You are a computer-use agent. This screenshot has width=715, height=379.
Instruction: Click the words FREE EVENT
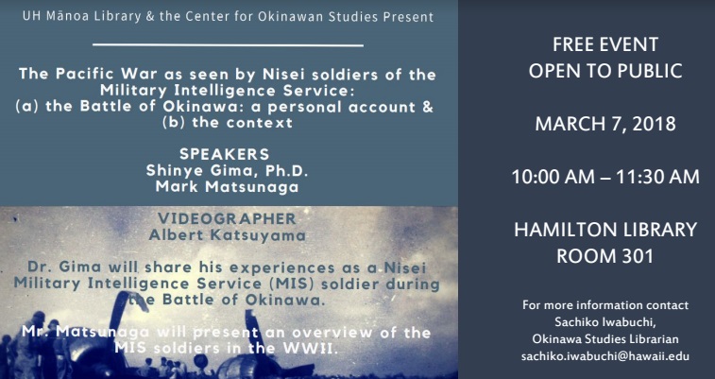605,44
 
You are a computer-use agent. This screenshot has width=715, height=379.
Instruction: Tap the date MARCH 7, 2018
605,124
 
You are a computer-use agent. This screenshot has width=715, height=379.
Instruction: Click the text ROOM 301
605,256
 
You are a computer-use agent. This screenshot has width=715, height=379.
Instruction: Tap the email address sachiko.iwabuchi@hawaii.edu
605,356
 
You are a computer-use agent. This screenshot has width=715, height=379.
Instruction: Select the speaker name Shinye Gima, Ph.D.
227,170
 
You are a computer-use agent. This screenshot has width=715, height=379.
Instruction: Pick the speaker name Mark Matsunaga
227,187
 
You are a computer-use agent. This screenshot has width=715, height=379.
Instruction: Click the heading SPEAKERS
225,154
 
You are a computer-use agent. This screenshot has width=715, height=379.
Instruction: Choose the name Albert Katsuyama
227,235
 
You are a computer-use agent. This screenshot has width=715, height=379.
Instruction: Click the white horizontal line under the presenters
228,45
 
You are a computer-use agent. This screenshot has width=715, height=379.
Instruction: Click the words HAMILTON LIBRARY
605,230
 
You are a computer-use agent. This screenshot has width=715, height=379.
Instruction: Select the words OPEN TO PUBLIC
605,71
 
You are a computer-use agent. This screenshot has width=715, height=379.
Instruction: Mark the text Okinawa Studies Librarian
605,339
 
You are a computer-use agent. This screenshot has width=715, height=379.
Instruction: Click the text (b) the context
227,123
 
